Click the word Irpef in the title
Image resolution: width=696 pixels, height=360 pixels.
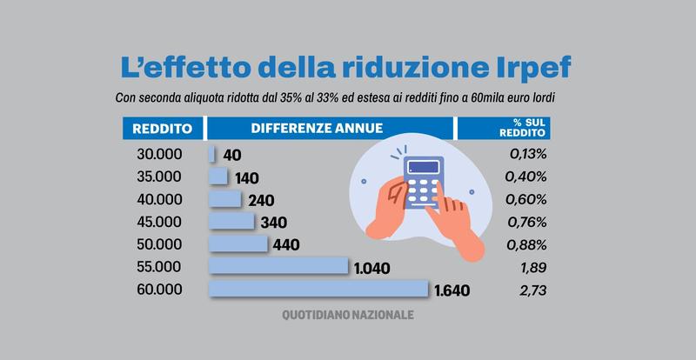(529, 67)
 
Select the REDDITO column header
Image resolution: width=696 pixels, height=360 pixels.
(162, 129)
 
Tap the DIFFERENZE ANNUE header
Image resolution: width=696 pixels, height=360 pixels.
(317, 128)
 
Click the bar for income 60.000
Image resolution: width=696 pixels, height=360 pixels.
(318, 289)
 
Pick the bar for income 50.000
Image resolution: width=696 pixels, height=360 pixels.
(238, 243)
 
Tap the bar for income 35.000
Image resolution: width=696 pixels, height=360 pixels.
(218, 177)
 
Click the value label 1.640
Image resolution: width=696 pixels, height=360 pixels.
(451, 290)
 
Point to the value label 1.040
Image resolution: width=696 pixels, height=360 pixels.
(372, 267)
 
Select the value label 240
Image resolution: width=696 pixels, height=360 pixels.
(261, 200)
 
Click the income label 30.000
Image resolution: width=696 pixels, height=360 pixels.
(161, 155)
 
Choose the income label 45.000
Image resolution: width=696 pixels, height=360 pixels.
(161, 222)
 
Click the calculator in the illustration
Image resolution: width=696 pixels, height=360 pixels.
(424, 183)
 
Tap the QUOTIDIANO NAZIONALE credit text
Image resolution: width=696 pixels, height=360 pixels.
(348, 314)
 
